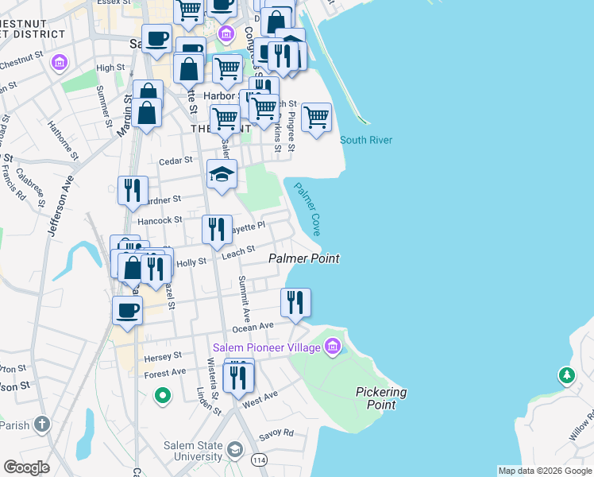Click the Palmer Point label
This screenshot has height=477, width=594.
(303, 258)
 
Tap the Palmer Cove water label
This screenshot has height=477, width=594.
(307, 209)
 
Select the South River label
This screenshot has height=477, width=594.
(366, 140)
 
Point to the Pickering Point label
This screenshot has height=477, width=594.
(381, 398)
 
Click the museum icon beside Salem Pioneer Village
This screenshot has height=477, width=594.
(333, 347)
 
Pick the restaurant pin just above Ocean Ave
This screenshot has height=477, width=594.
(295, 303)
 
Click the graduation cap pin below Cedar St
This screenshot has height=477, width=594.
(222, 175)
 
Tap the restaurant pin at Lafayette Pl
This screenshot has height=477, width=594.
(217, 230)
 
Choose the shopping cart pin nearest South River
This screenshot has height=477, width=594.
(316, 118)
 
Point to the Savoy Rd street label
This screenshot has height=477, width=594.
(277, 433)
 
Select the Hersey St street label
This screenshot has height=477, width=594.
(164, 355)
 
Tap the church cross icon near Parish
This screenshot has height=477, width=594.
(41, 425)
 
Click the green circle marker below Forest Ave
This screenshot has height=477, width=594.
(163, 394)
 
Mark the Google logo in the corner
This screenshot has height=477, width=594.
(27, 467)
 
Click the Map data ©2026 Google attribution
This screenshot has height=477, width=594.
(544, 471)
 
